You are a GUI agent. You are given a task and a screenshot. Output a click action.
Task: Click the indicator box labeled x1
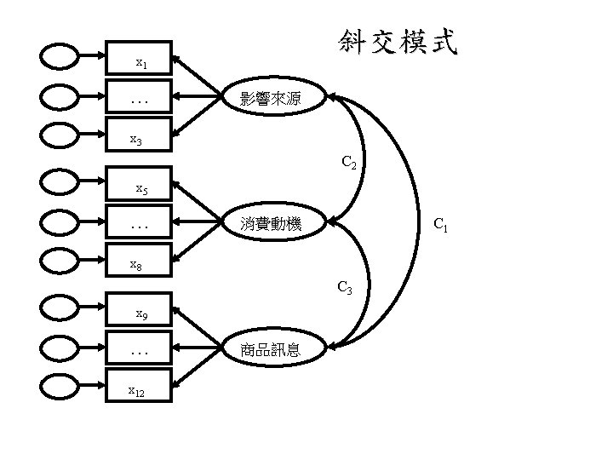tap(138, 60)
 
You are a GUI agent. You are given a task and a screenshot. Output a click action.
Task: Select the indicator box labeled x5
tap(138, 185)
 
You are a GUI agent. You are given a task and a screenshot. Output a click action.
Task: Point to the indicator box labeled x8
tap(138, 261)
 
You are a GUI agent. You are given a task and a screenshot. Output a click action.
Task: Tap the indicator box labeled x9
tap(138, 311)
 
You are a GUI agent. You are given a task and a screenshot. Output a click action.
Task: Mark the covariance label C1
tap(441, 226)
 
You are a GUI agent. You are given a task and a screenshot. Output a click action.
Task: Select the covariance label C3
tap(345, 288)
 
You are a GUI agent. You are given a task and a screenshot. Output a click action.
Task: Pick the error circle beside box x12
tap(61, 388)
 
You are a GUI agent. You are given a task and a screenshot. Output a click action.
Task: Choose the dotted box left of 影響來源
tap(138, 98)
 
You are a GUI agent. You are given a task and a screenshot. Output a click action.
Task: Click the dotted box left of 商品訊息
tap(138, 349)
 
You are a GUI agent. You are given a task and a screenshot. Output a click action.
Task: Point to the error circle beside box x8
tap(61, 262)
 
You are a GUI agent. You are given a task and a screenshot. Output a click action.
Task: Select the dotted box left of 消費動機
tap(138, 224)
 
